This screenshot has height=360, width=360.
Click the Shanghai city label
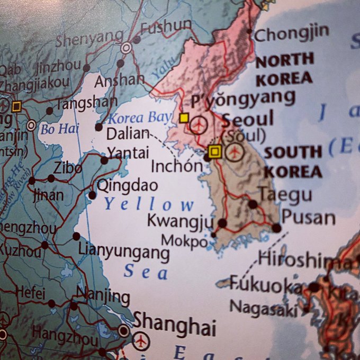pyautogui.click(x=175, y=324)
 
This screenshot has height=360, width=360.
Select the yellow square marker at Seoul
pyautogui.click(x=214, y=152)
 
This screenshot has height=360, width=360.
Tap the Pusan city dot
pyautogui.click(x=276, y=228)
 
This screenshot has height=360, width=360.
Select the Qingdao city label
pyautogui.click(x=127, y=185)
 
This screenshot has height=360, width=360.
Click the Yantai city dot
pyautogui.click(x=104, y=160)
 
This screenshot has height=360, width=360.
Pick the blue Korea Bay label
pyautogui.click(x=140, y=118)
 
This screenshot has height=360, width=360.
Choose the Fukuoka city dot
pyautogui.click(x=314, y=287)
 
